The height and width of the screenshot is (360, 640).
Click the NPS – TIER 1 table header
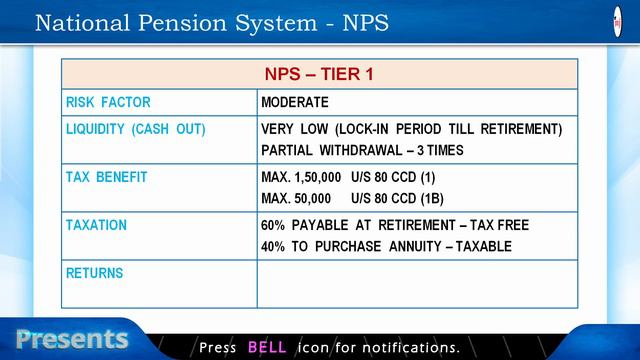(319, 74)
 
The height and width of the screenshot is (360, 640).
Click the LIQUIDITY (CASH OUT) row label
(135, 130)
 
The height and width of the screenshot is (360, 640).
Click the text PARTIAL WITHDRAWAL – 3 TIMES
(361, 151)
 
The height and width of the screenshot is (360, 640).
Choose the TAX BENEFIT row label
(106, 177)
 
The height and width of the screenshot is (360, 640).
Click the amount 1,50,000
(318, 177)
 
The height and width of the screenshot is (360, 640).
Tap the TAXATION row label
(96, 225)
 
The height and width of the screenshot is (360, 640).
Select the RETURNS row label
(94, 272)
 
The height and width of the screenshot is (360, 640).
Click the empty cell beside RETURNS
(417, 284)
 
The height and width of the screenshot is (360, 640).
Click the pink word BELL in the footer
(267, 347)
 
